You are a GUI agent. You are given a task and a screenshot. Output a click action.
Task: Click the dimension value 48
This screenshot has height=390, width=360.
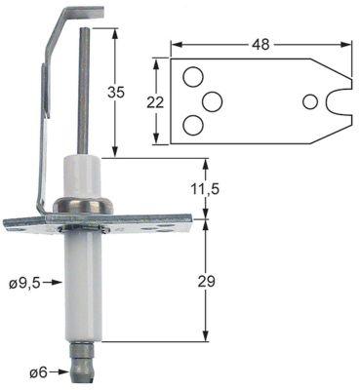(260, 44)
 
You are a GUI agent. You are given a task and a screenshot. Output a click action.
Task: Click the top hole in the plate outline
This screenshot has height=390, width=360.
(192, 77)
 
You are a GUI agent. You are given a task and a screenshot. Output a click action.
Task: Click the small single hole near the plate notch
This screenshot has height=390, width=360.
(310, 101)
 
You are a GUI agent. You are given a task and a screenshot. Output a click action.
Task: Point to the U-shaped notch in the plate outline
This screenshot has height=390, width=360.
(340, 101)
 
